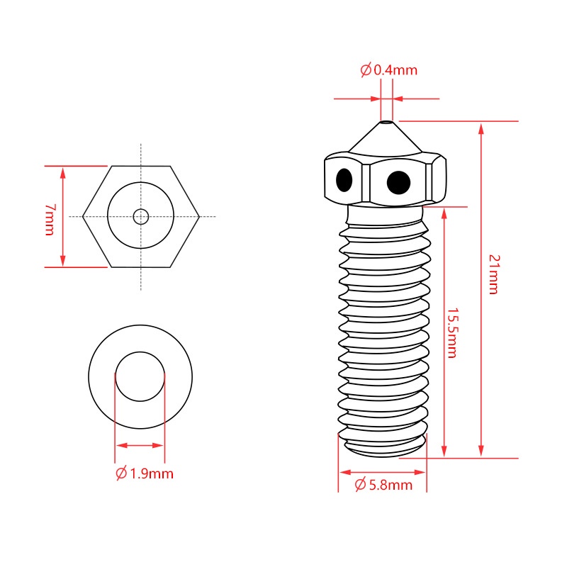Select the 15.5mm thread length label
click(451, 333)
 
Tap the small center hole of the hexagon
click(141, 216)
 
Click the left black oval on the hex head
click(344, 179)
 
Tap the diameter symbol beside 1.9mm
click(121, 473)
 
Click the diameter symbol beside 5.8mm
click(360, 485)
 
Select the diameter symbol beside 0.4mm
click(366, 70)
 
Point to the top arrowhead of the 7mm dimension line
click(64, 172)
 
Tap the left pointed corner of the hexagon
click(83, 216)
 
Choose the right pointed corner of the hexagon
click(199, 216)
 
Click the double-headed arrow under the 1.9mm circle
click(140, 446)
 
